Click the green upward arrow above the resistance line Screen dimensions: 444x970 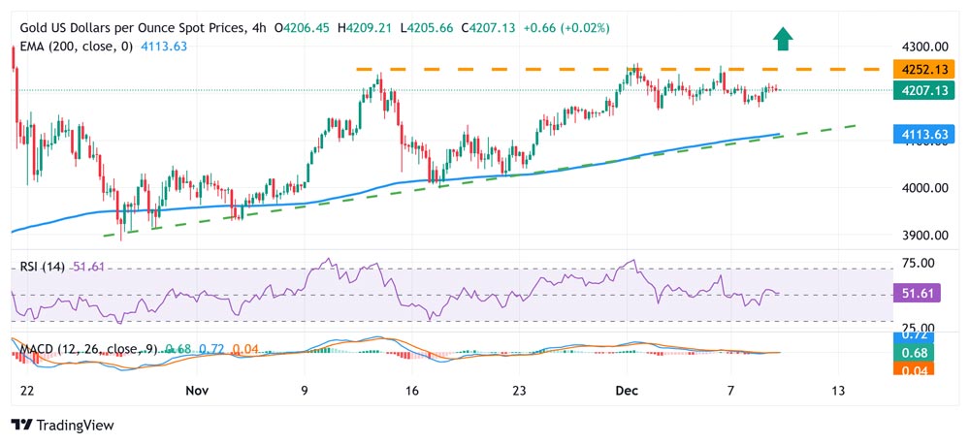783,39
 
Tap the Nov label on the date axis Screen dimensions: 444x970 197,390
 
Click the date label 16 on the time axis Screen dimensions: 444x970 412,390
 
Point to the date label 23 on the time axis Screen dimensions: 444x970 519,390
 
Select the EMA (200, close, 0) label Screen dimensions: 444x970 78,46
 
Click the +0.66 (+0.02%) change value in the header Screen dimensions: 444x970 566,28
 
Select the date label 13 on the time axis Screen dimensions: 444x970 839,390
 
